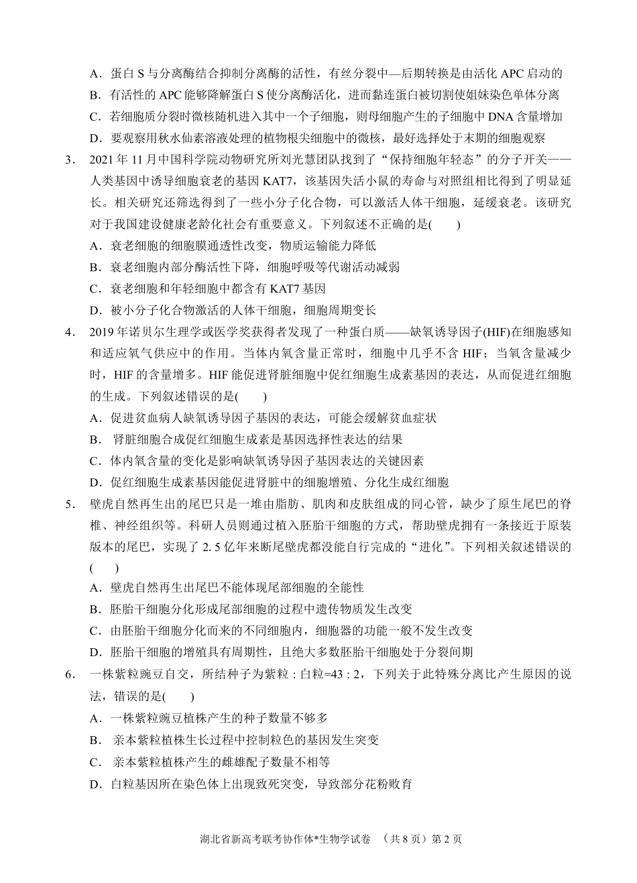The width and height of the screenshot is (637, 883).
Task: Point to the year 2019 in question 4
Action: click(103, 332)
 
